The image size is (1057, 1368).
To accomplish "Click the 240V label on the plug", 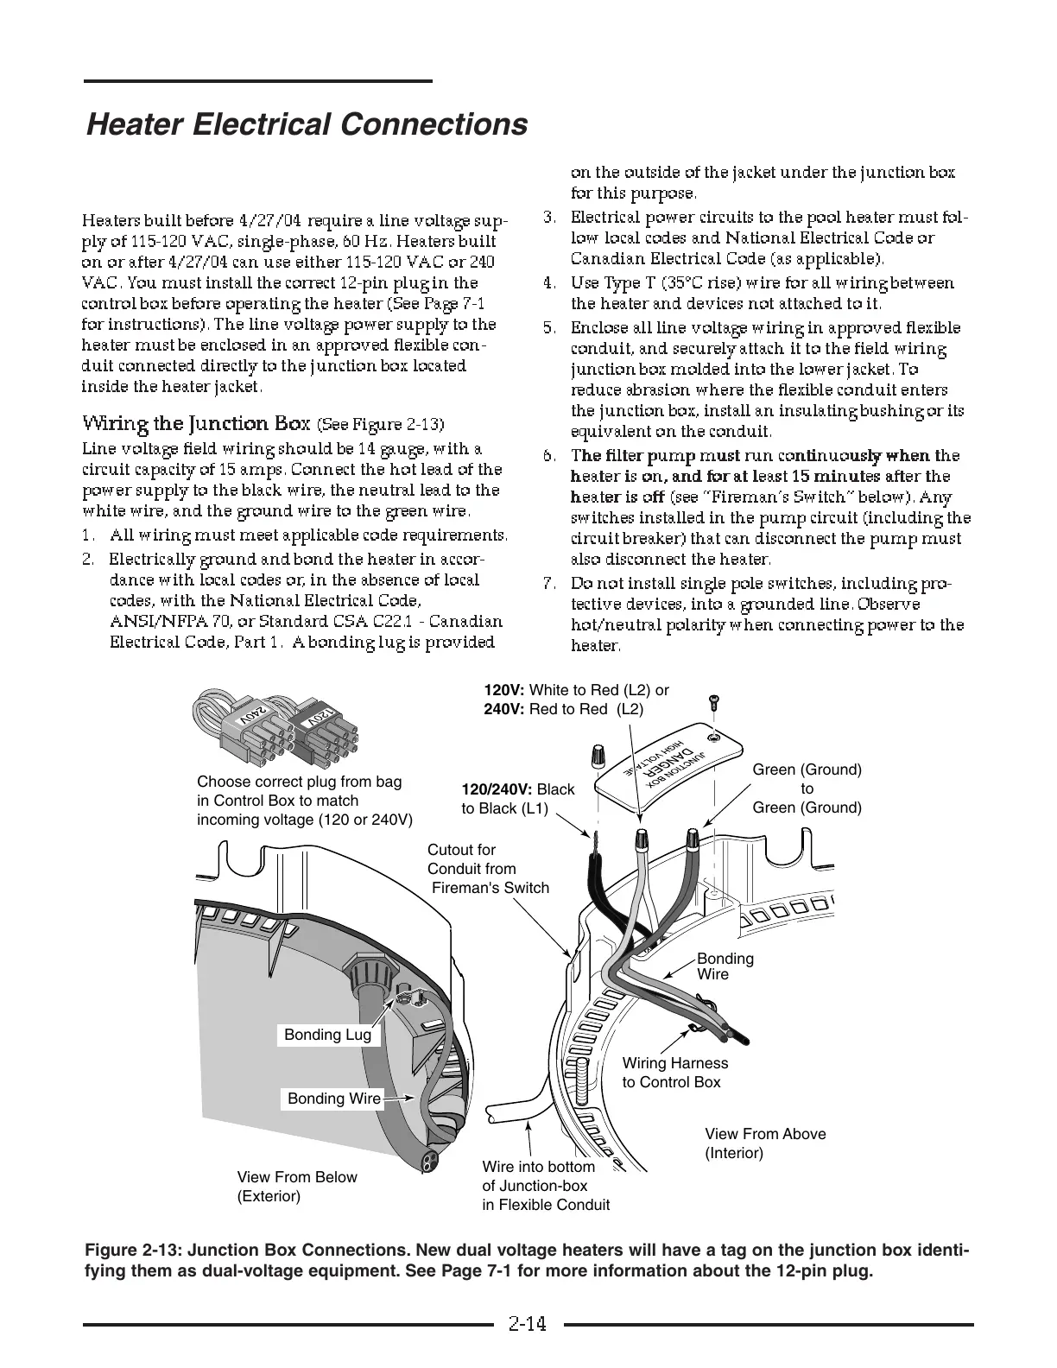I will pos(251,716).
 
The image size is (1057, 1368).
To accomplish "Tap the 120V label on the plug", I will pos(318,716).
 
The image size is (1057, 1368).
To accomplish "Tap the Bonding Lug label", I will pos(327,1035).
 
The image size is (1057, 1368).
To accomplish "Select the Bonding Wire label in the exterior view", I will pos(333,1099).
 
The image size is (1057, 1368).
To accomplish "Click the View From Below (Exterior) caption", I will pos(296,1187).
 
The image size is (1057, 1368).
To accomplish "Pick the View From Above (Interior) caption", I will pos(765,1143).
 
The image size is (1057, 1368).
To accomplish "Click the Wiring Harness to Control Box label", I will pos(674,1073).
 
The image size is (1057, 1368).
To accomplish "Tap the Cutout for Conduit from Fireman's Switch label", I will pos(487,869).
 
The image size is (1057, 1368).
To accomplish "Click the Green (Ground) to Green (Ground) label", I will pos(807,788).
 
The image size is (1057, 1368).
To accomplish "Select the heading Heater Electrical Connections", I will pos(307,124).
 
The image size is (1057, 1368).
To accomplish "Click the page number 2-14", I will pos(528,1323).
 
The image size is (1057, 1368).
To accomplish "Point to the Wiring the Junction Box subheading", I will pos(197,423).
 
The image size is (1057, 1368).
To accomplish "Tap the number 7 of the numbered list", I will pos(548,584).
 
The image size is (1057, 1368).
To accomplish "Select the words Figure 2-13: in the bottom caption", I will pos(134,1252).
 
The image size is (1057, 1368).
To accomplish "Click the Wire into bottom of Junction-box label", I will pos(545,1186).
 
